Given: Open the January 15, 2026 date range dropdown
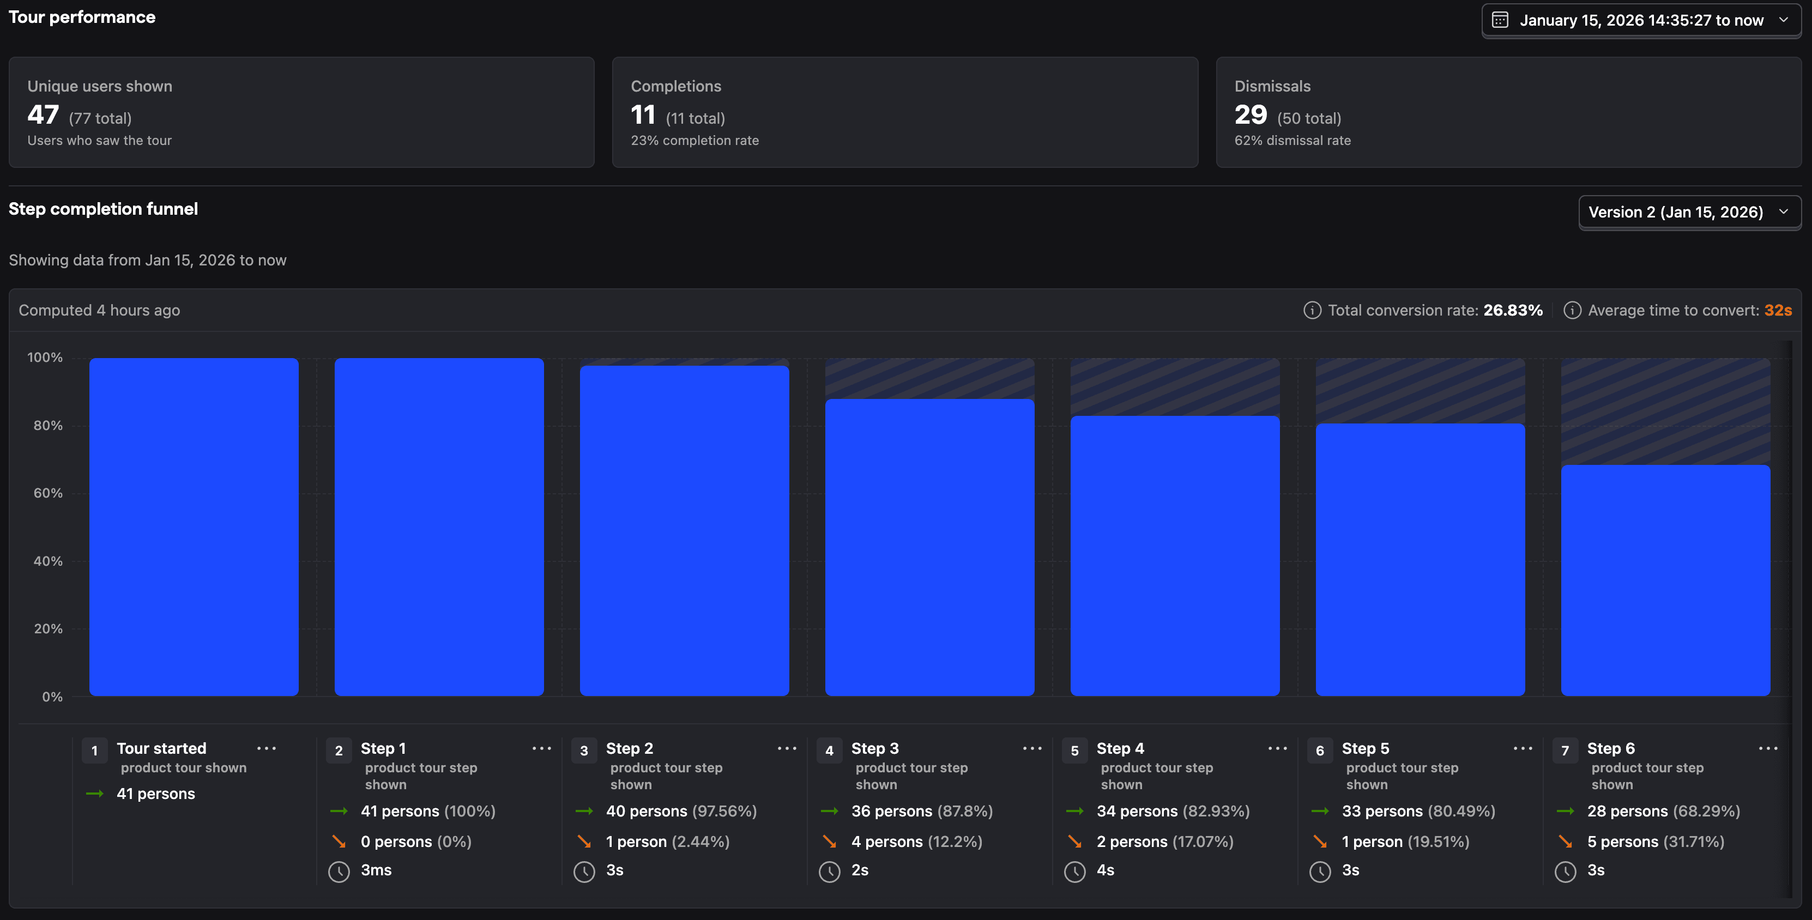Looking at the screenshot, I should [x=1640, y=20].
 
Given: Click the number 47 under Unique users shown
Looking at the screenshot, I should [x=43, y=114].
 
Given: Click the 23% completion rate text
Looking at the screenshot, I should [x=694, y=141].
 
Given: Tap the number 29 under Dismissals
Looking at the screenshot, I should [x=1250, y=114].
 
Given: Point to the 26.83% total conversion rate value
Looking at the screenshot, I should [x=1512, y=310].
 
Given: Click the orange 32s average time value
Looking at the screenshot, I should [x=1778, y=310].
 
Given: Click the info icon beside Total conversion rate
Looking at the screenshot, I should [x=1312, y=310].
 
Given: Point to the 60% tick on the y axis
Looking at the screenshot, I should [x=48, y=493].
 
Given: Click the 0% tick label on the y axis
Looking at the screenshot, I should [x=52, y=697].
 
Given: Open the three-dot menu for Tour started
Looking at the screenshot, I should [x=267, y=748].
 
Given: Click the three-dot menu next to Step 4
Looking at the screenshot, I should [x=1277, y=748].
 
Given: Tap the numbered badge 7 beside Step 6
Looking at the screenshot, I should [x=1565, y=750].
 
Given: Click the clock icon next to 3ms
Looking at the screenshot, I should [x=339, y=871].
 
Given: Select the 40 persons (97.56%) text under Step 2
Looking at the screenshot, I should [x=681, y=811].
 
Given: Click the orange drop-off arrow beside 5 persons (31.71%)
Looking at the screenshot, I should [x=1565, y=841].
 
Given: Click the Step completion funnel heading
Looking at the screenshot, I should [x=104, y=209].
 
